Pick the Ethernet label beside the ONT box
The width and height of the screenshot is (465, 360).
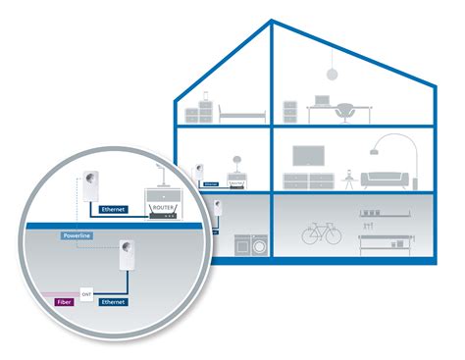click(x=116, y=303)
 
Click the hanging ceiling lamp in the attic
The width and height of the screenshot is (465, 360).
click(x=332, y=74)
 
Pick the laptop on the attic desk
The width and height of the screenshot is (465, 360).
click(x=322, y=100)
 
